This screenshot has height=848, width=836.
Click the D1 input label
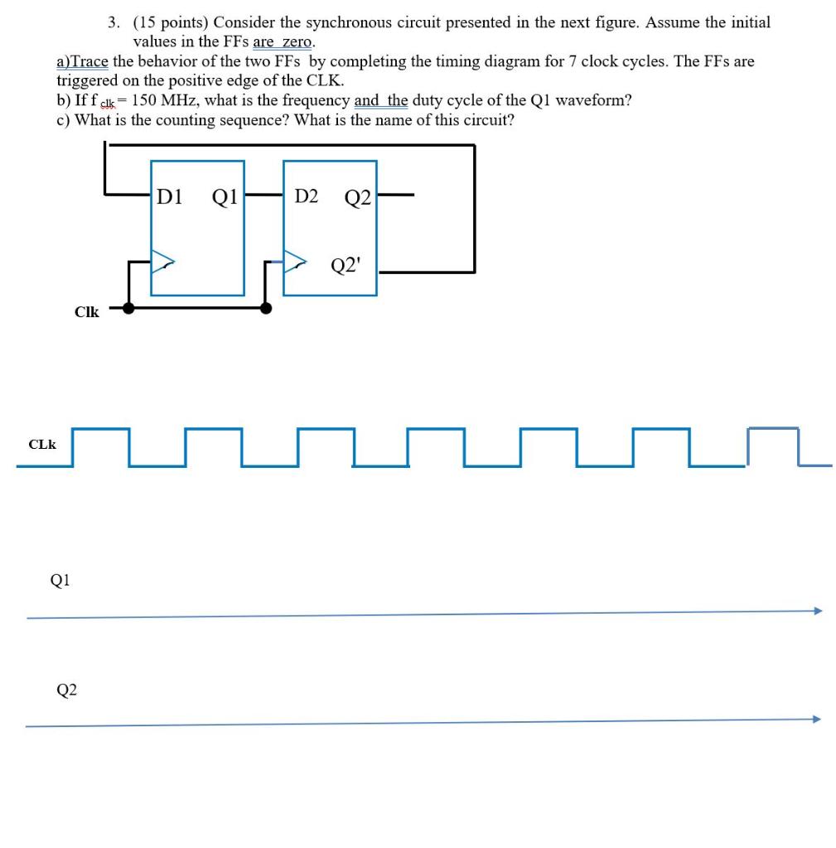170,196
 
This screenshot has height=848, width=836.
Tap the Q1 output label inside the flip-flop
225,196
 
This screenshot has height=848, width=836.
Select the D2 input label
306,196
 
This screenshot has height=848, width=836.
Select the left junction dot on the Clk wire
128,308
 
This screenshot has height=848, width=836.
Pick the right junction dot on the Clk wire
266,308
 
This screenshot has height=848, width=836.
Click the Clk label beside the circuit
86,312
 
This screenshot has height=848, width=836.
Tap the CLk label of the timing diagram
42,445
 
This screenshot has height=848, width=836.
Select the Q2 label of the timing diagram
66,689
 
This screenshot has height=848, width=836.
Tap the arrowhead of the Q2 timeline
817,719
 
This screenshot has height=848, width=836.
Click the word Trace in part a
90,61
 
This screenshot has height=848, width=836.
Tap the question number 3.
114,22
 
